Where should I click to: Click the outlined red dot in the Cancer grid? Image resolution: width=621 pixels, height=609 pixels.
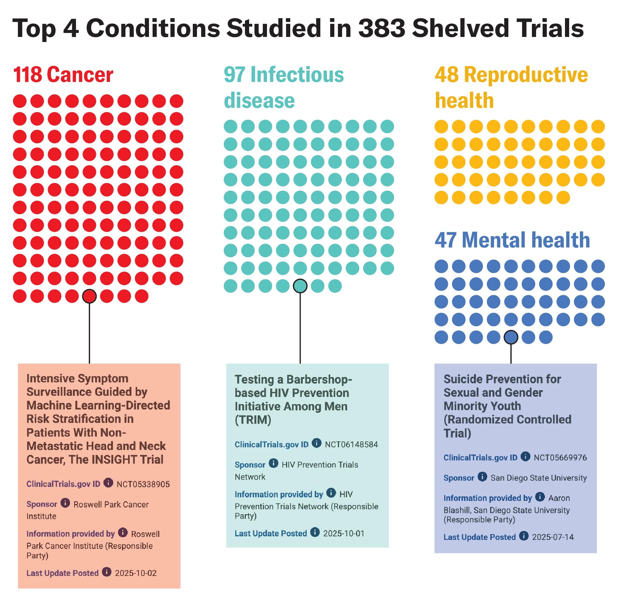(x=89, y=296)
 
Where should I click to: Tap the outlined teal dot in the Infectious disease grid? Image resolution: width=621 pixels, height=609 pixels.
(x=300, y=286)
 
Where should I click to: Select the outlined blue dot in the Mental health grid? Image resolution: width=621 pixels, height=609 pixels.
(x=511, y=337)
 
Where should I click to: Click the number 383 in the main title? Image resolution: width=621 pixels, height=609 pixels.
(x=381, y=28)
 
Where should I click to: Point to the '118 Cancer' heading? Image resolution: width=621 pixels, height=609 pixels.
(x=63, y=75)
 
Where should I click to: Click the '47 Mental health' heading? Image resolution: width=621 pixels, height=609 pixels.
(x=512, y=240)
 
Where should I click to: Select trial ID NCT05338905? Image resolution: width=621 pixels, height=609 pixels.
(x=143, y=484)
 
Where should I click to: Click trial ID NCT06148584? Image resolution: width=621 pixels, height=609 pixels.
(x=351, y=445)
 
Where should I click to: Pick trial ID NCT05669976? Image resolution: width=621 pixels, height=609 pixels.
(x=560, y=458)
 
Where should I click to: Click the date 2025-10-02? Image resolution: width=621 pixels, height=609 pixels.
(x=136, y=573)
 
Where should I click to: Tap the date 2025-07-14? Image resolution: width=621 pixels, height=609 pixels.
(x=552, y=537)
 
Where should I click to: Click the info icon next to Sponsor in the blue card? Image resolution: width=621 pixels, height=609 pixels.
(x=482, y=477)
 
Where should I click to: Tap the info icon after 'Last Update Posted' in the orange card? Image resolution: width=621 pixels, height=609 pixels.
(x=107, y=572)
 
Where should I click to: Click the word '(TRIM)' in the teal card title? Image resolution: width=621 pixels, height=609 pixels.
(x=253, y=420)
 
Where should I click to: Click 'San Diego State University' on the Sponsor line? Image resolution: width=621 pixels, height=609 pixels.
(x=538, y=478)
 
